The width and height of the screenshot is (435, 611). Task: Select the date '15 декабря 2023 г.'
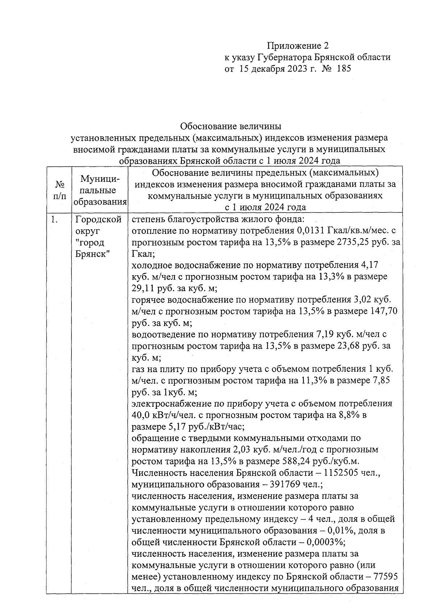click(x=278, y=69)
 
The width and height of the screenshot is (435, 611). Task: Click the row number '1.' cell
click(x=55, y=220)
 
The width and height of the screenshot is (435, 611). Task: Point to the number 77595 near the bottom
click(x=384, y=577)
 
